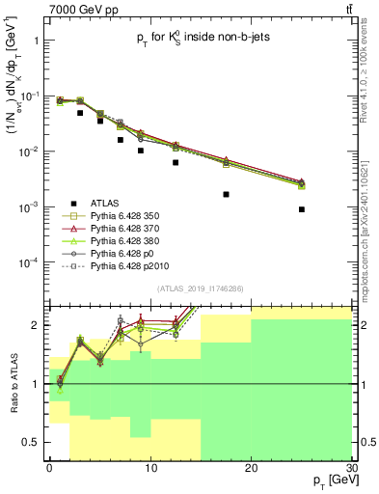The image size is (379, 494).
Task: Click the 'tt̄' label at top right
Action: (x=348, y=9)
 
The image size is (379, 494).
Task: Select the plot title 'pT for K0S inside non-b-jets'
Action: (x=202, y=41)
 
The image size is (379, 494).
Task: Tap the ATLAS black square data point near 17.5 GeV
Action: (x=226, y=194)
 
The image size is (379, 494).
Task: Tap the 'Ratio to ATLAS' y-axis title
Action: (x=13, y=383)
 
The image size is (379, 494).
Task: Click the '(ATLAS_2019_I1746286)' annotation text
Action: (x=201, y=288)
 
